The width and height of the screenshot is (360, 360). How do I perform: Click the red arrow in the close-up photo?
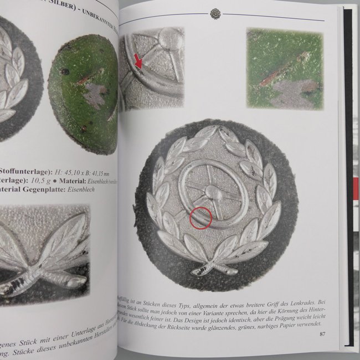[x=139, y=65]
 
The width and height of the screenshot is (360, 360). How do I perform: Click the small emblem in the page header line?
[x=215, y=14]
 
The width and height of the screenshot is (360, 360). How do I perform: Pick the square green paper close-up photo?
[x=284, y=68]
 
